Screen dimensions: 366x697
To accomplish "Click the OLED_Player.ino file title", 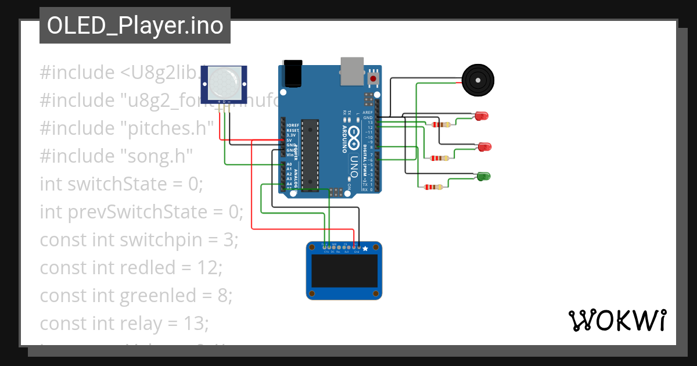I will [135, 26].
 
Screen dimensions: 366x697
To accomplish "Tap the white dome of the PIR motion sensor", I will [224, 82].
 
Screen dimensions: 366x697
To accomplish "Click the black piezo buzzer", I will [478, 80].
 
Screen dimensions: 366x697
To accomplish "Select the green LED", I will [483, 175].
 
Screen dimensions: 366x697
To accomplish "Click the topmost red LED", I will [482, 116].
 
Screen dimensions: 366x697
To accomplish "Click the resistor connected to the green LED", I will [433, 187].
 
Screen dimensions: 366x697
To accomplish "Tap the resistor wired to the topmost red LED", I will [440, 124].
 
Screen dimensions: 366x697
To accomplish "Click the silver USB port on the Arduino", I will [352, 68].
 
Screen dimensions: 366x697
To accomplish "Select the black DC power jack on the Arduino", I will [293, 72].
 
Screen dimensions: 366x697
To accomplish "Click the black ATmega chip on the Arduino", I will [311, 152].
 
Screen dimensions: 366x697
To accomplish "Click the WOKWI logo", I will [616, 320].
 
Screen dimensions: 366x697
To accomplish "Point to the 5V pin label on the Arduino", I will [289, 140].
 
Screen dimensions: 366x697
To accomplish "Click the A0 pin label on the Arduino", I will [289, 164].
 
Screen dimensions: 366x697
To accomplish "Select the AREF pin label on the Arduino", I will [368, 113].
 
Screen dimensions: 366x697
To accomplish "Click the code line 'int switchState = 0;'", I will [121, 184].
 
